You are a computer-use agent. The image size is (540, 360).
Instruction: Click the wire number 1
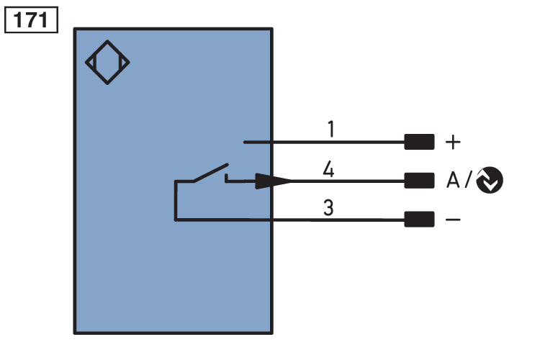330,130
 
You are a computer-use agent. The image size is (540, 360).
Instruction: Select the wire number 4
328,170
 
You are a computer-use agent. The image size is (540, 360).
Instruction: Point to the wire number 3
328,209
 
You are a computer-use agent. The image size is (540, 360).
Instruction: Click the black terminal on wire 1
419,142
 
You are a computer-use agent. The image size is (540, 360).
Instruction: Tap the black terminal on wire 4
419,180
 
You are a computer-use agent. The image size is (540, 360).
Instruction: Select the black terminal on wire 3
419,218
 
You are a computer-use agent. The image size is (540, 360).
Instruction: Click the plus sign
452,142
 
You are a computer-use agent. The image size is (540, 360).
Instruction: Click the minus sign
453,219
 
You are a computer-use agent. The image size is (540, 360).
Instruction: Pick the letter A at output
453,180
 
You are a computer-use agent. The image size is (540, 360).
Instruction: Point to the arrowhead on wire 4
277,180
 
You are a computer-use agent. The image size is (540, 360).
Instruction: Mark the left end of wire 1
245,142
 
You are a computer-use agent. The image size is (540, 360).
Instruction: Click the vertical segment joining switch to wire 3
175,202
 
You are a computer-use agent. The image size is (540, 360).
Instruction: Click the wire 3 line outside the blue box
338,219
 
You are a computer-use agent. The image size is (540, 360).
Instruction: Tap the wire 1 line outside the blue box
338,142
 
